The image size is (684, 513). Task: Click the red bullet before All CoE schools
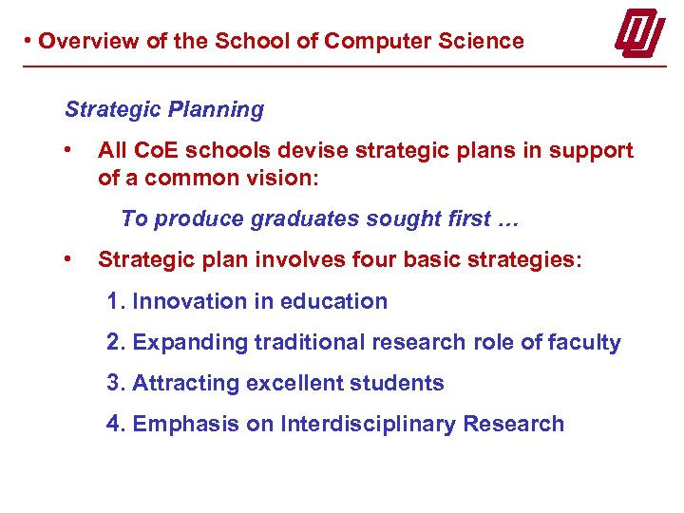[x=66, y=149]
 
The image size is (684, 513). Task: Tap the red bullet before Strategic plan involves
[x=66, y=258]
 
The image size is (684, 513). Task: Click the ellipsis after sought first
[x=506, y=219]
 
